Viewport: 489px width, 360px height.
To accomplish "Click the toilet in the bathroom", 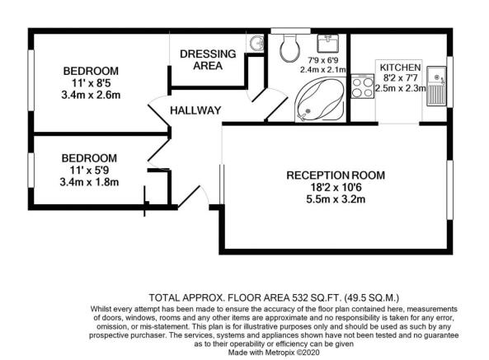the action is (x=290, y=48).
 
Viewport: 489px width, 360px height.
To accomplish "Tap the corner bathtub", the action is (x=320, y=100).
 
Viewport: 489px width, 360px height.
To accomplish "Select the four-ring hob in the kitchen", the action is (x=362, y=86).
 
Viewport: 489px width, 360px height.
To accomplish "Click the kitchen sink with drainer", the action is (x=436, y=86).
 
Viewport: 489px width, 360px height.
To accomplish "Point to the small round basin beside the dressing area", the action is (x=256, y=43).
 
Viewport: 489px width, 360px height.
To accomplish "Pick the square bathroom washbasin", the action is (x=327, y=44).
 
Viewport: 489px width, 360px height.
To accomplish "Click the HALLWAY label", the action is (x=195, y=110).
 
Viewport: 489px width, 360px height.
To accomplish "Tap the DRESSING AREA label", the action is (x=208, y=60).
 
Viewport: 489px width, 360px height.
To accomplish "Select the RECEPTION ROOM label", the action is (x=336, y=175).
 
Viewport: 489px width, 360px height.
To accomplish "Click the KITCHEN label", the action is (x=400, y=68).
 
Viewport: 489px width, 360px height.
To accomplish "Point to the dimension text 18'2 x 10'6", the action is (x=336, y=188).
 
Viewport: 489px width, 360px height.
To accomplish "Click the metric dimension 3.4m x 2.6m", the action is (x=91, y=95).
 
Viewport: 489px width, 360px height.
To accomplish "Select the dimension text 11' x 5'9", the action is (x=89, y=171).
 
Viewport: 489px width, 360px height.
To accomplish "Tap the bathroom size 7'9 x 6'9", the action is (x=322, y=61).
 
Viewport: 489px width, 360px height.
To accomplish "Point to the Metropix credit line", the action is (x=274, y=353).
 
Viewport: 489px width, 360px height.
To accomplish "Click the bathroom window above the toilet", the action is (x=290, y=30).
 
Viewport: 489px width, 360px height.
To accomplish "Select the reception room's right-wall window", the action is (x=449, y=190).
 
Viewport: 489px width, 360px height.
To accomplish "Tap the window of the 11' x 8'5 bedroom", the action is (x=31, y=80).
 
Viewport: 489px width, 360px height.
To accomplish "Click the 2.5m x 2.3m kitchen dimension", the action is (x=401, y=88).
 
